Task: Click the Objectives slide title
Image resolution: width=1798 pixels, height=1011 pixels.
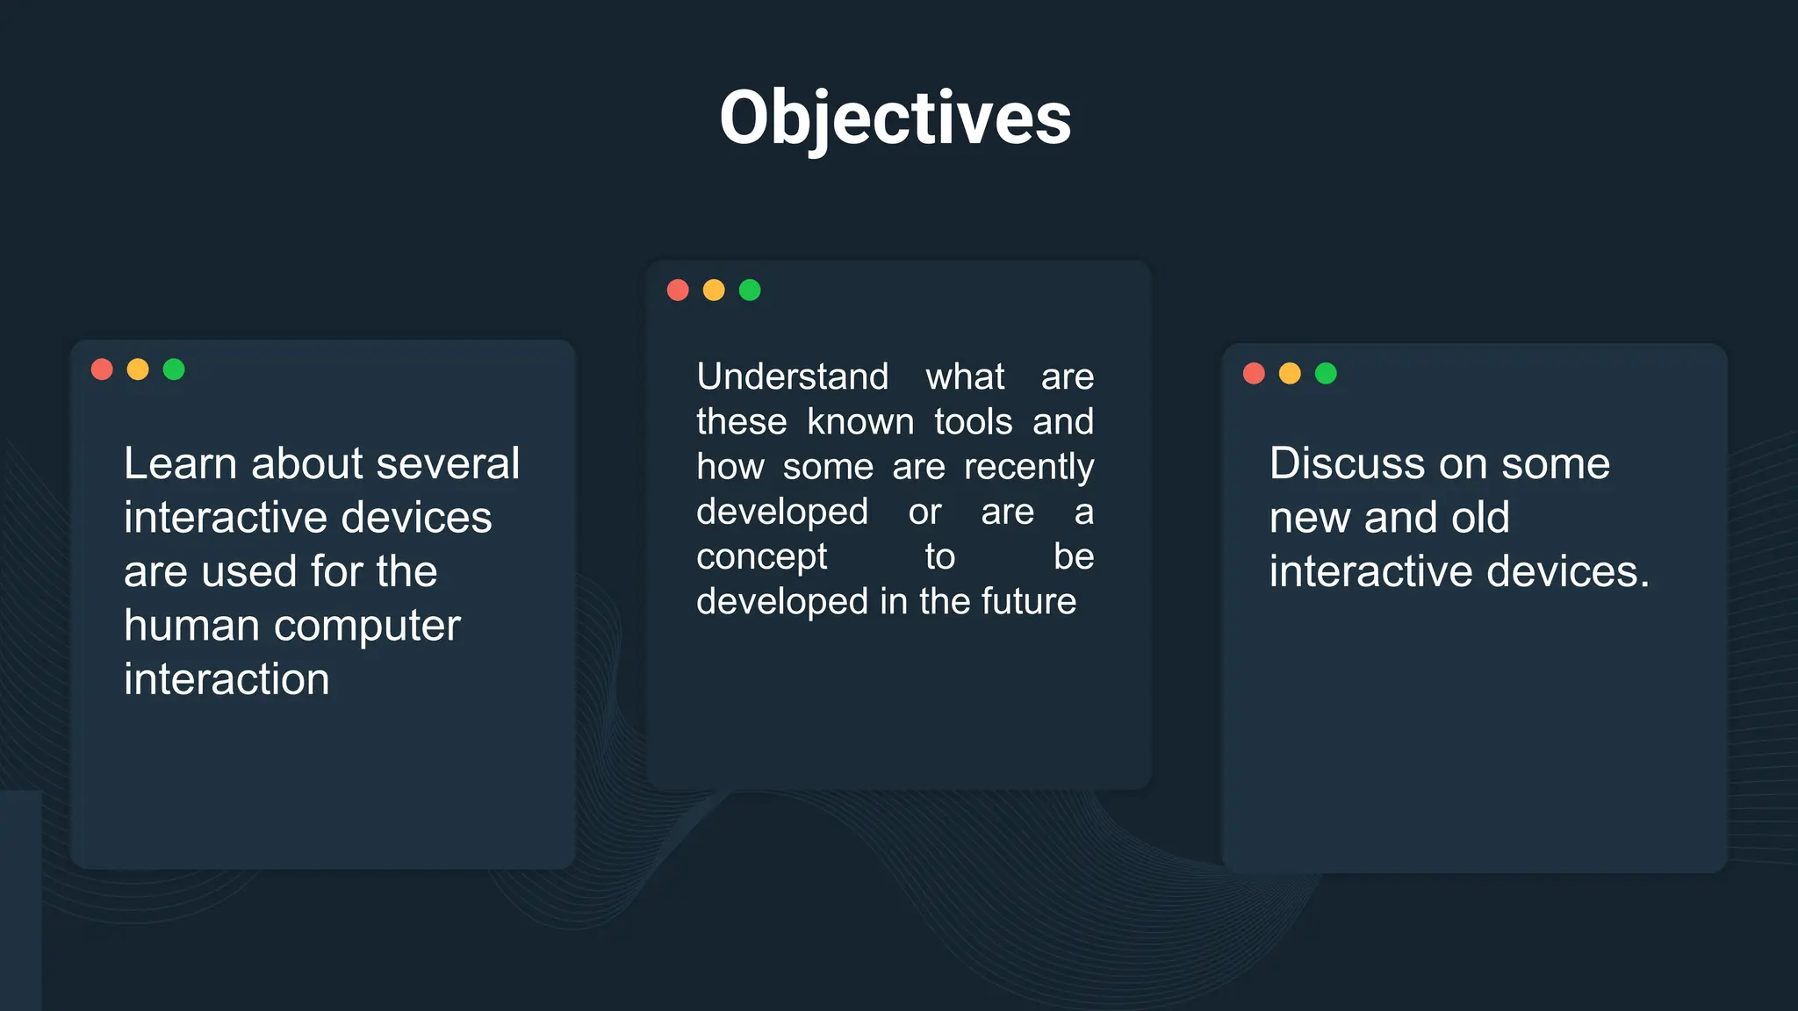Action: [x=895, y=118]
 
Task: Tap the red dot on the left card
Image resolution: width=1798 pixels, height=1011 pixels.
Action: [x=102, y=369]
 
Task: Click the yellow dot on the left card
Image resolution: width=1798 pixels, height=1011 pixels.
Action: [x=138, y=369]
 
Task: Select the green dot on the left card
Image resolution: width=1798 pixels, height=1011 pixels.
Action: [x=174, y=369]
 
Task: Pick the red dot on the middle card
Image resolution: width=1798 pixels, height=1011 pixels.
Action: [x=678, y=290]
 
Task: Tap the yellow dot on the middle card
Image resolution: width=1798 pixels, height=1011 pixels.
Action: [x=714, y=290]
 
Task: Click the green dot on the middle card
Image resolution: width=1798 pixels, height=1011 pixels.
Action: [x=750, y=290]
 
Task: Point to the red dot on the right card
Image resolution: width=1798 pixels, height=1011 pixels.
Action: [x=1254, y=374]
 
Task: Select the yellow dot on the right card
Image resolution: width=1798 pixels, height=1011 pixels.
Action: [x=1290, y=374]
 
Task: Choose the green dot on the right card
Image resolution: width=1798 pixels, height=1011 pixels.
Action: [x=1326, y=374]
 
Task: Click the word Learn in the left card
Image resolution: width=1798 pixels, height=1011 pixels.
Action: [x=181, y=463]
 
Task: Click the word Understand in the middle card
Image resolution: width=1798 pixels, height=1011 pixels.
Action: [x=792, y=376]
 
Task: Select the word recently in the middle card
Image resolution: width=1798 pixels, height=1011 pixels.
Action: [x=1028, y=467]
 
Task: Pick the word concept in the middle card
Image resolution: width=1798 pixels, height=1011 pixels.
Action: [x=761, y=557]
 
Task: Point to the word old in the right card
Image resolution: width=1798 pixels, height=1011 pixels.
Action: [x=1479, y=518]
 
